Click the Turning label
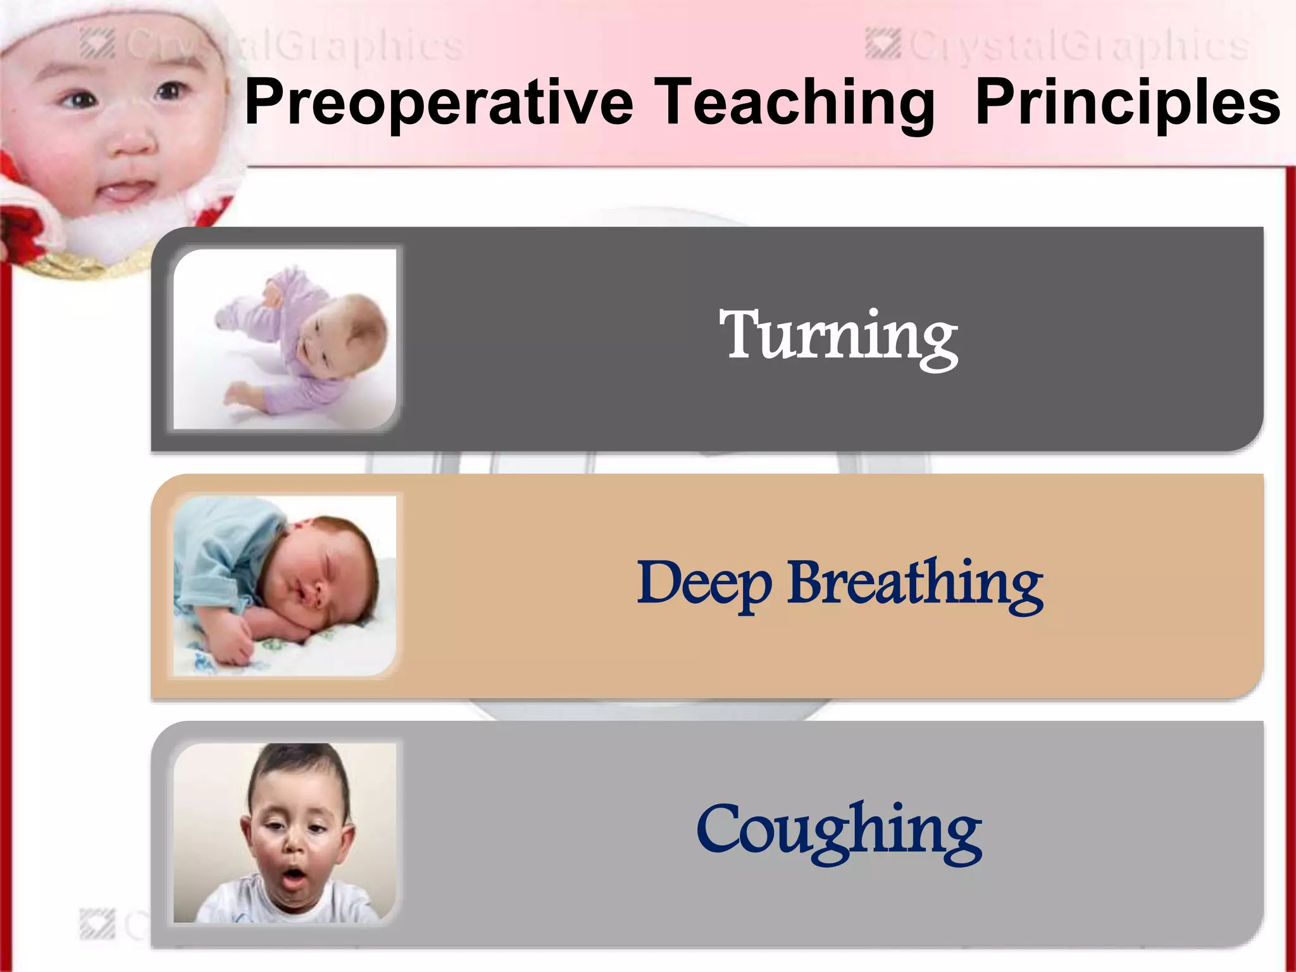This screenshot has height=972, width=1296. (838, 337)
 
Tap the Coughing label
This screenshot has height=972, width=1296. (839, 830)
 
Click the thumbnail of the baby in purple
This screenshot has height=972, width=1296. (285, 339)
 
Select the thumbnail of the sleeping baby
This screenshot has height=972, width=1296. (285, 586)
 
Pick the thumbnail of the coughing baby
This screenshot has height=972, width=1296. (285, 833)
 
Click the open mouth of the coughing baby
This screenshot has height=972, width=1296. (293, 878)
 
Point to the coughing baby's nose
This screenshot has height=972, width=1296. (294, 847)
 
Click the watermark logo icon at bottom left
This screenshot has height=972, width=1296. (97, 924)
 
